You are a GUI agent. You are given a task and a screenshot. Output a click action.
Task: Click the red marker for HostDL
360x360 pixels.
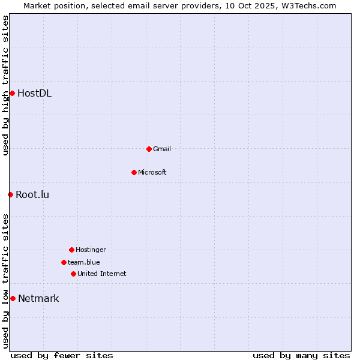coord(12,93)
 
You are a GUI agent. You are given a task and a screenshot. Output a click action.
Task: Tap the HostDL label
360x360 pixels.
coord(34,93)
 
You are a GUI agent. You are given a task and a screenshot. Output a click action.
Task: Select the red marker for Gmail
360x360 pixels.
coord(149,149)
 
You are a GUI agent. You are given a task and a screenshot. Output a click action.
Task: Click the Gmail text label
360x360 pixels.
coord(162,149)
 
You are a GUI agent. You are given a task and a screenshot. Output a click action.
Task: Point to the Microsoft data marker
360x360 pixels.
coord(134,172)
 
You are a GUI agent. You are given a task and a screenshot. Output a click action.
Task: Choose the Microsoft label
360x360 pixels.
coord(152,172)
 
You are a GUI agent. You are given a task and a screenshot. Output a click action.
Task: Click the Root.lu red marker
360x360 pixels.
coord(10,194)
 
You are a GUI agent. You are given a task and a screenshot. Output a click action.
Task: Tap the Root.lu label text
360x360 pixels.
coord(32,194)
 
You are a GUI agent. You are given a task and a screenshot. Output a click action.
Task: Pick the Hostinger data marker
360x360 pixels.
coord(71,250)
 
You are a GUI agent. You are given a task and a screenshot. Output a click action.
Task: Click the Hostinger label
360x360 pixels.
coord(91,250)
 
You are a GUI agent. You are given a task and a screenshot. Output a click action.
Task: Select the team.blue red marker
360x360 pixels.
coord(64,262)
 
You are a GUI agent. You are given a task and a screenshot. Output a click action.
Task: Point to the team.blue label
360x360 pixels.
coord(84,262)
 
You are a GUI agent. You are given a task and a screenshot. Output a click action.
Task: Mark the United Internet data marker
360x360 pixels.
coord(73,274)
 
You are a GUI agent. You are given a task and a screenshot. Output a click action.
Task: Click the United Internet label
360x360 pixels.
coord(102,274)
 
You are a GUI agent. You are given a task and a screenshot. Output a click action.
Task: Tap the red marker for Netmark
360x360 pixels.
coord(13,298)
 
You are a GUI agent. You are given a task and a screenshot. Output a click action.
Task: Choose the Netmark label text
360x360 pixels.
coord(38,298)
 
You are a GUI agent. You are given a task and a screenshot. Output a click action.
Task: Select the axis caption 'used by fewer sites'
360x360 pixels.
coord(62,355)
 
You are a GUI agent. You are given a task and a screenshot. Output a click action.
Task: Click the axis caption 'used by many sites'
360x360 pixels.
coord(301,355)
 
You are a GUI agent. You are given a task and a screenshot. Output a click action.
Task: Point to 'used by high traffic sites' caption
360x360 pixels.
coord(5,86)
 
